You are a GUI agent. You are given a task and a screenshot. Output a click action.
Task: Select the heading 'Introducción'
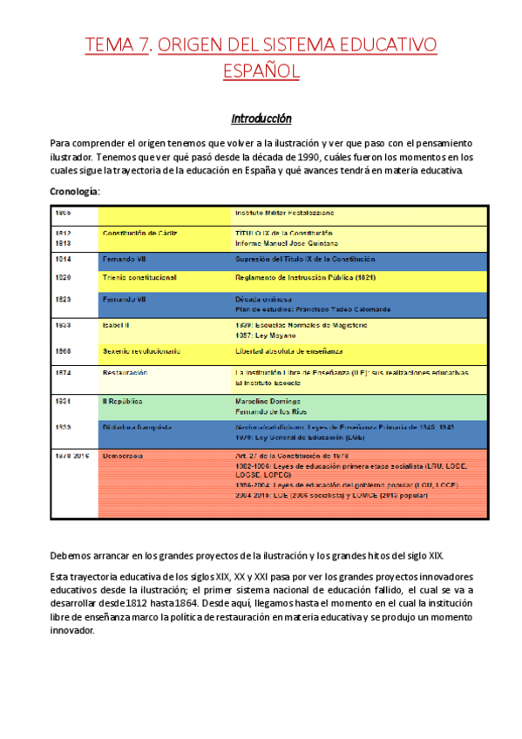coord(261,119)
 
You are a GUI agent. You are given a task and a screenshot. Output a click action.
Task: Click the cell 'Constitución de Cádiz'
coord(141,234)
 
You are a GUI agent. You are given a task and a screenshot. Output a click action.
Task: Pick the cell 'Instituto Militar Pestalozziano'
coord(285,213)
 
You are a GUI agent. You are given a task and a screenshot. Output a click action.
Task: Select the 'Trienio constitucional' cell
coord(139,277)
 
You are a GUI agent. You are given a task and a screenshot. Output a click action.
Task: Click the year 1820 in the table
coord(63,277)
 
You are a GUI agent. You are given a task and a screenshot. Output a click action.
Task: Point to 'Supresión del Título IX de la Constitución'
coord(304,259)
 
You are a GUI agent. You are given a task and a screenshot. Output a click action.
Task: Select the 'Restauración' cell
coord(125,372)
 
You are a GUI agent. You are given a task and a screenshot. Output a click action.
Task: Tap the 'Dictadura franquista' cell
coord(137,428)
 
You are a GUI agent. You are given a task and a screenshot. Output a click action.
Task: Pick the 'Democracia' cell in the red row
coord(123,456)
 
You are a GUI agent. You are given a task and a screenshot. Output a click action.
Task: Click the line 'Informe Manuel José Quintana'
coord(287,243)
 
